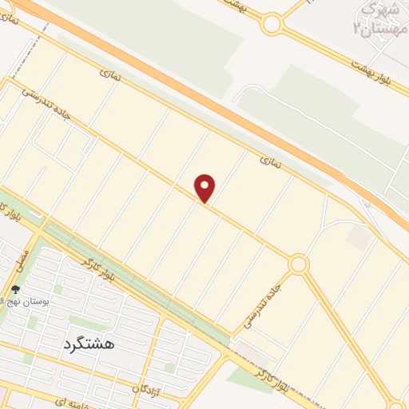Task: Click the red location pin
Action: (205, 188)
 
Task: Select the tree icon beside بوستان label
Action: (15, 289)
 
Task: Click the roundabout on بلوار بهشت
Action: (272, 24)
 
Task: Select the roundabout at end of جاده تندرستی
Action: (299, 264)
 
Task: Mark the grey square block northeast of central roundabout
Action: (359, 236)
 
